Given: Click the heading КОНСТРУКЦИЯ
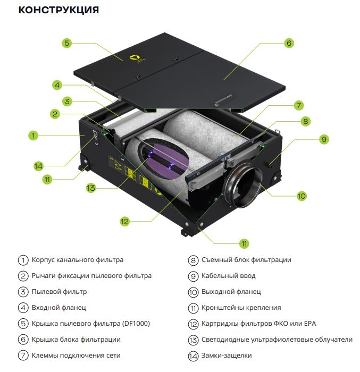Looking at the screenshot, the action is coord(58,10).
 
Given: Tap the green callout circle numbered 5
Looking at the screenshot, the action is coord(66,43).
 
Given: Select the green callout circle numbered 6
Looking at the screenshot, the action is coord(289,43).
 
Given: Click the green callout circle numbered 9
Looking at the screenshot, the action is coord(324,139).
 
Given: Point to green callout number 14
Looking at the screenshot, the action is coord(38,166).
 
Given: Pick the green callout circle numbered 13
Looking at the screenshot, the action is coord(91,188).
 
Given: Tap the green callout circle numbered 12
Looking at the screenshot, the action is coord(124,222).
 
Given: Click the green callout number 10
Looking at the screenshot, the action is coord(302,196).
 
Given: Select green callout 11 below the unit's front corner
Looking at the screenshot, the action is coord(244,243).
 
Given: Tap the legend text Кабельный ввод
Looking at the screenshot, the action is coord(229,276).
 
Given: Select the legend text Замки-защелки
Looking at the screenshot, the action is coord(227,356).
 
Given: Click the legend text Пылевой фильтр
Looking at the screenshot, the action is coord(60,292).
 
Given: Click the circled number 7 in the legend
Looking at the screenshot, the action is coord(23,356).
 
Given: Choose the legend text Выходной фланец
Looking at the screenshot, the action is coord(231,292).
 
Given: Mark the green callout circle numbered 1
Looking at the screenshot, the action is coord(34,136).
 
